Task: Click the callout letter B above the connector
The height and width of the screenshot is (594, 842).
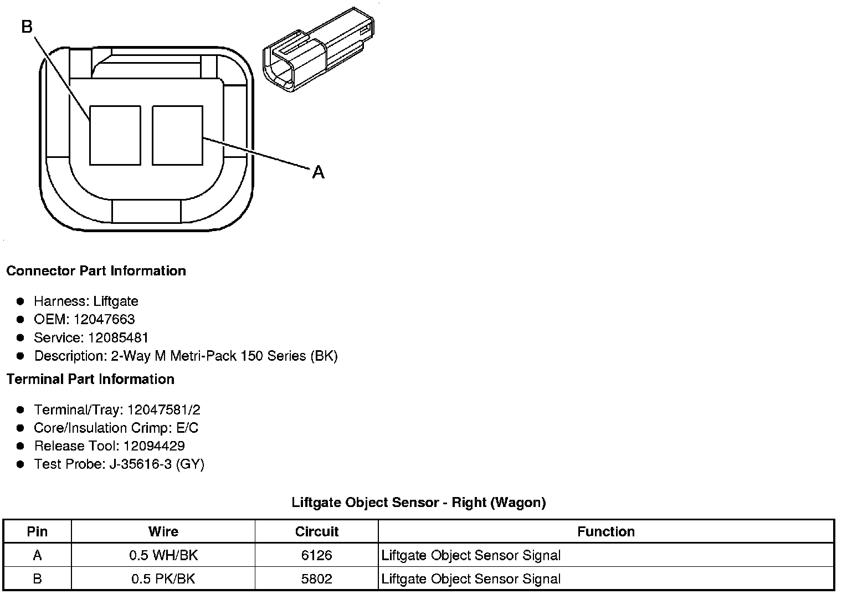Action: (x=27, y=26)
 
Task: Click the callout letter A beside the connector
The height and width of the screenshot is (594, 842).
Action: (x=318, y=172)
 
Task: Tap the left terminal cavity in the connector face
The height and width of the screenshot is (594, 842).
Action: (x=115, y=136)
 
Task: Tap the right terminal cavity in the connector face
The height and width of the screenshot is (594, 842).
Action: (x=177, y=136)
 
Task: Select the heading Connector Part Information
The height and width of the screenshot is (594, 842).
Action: (x=96, y=271)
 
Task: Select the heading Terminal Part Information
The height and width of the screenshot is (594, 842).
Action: (x=90, y=379)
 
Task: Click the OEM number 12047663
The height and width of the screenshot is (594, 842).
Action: (x=104, y=319)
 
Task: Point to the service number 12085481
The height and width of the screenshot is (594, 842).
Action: (x=118, y=337)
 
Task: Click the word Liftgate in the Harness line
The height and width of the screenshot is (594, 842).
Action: (x=116, y=301)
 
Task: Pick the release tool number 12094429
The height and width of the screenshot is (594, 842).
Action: (x=154, y=446)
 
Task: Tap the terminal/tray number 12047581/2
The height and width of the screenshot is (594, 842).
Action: (x=163, y=410)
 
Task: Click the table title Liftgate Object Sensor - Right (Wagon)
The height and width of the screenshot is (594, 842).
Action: (x=419, y=503)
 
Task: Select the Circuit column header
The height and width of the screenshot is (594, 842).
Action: (x=316, y=532)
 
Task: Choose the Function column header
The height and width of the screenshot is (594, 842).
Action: (x=606, y=532)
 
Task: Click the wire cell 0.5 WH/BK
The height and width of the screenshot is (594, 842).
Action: (x=163, y=555)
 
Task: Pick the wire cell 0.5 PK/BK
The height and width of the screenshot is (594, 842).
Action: (x=163, y=579)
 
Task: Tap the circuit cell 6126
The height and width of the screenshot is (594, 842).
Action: (x=316, y=555)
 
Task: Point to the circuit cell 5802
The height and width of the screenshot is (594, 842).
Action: (x=316, y=579)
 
